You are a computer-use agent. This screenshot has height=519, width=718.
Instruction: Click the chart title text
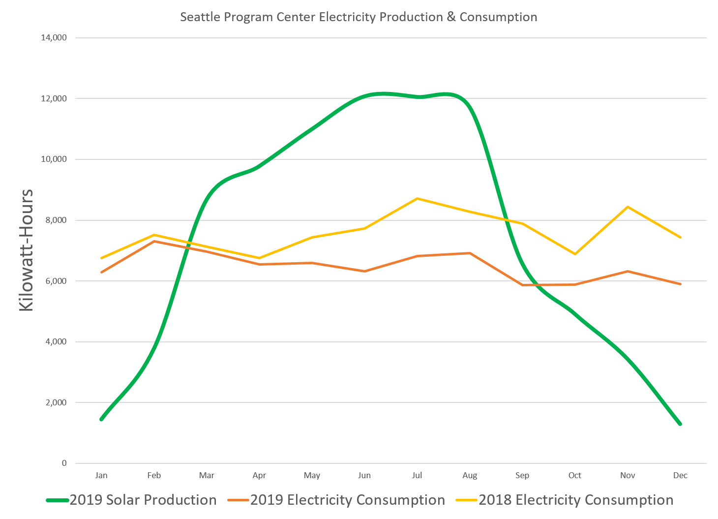coord(359,17)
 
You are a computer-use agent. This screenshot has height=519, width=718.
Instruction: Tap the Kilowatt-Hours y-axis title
coord(26,250)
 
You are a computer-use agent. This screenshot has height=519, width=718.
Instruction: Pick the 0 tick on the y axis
coord(64,463)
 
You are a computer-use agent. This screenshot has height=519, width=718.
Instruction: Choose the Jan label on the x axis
coord(101,476)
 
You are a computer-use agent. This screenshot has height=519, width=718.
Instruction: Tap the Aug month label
coord(470,476)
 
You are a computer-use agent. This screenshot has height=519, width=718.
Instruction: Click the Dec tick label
coord(680,476)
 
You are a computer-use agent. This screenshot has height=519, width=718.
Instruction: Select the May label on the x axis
coord(312,476)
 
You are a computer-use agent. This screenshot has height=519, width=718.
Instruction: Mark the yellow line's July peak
coord(417,198)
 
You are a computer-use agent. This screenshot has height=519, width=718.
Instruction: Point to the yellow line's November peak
coord(628,207)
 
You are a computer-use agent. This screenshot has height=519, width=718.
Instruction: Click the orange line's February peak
coord(154,241)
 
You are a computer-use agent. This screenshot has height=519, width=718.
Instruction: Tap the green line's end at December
coord(680,424)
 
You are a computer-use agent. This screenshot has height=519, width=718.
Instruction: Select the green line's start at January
coord(101,419)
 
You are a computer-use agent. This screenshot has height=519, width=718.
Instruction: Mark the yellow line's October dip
coord(575,254)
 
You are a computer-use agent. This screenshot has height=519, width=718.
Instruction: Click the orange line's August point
coord(470,253)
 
